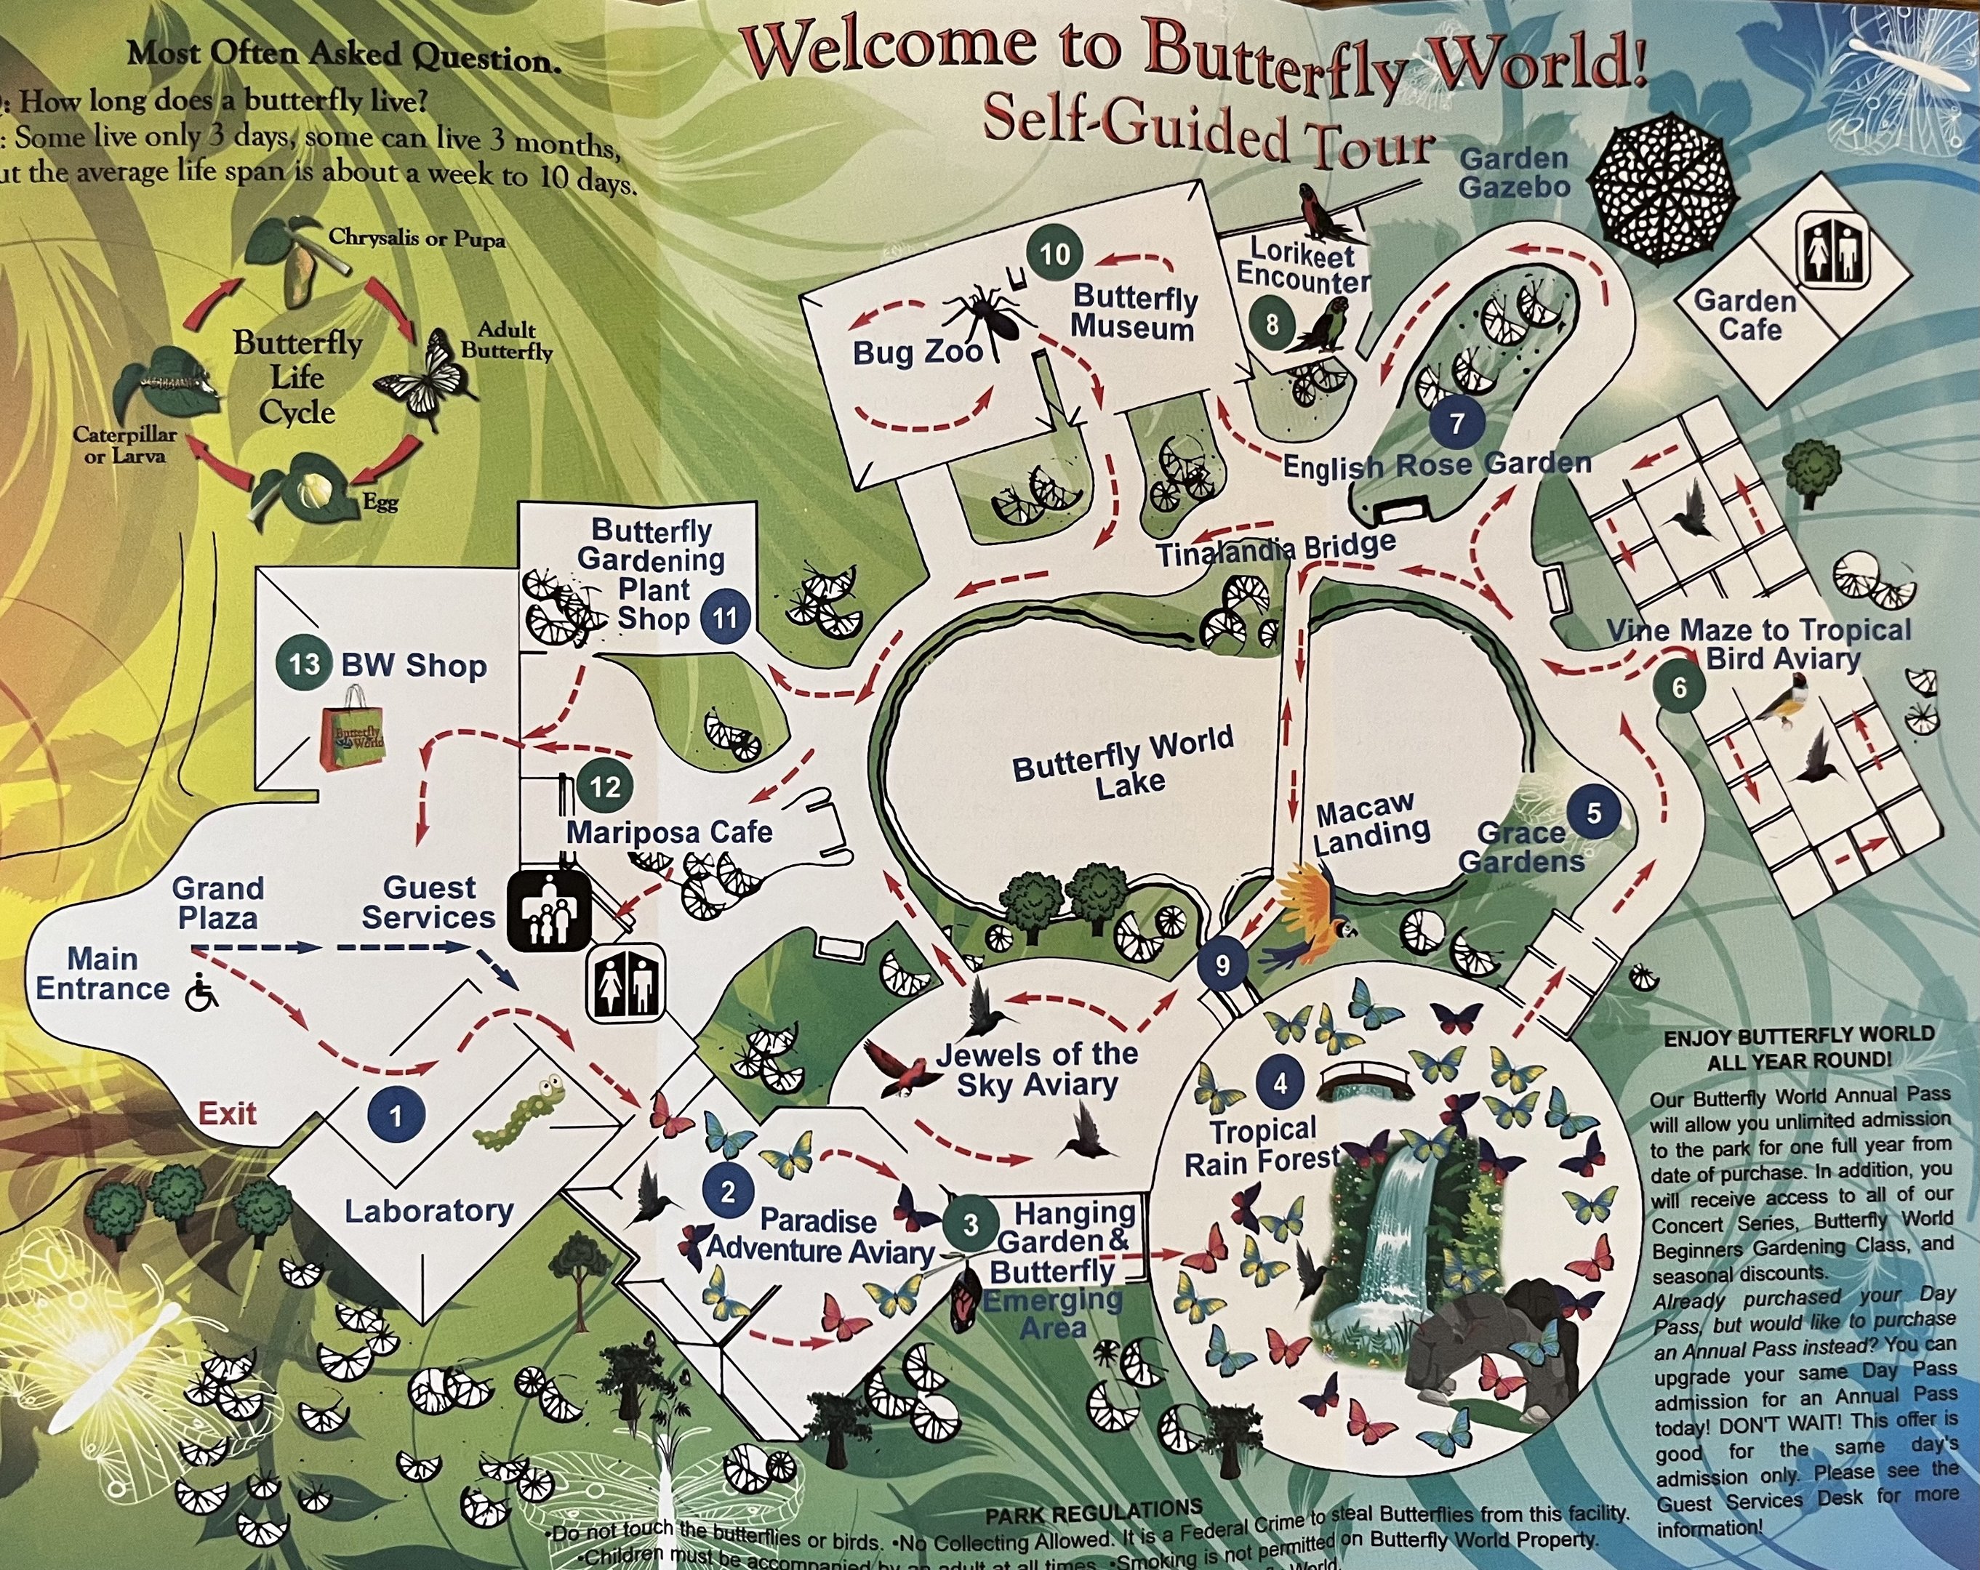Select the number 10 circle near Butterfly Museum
coord(1054,254)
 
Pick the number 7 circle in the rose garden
coord(1456,422)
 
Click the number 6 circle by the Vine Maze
coord(1680,687)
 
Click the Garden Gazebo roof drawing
coord(1662,189)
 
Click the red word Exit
coord(227,1114)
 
